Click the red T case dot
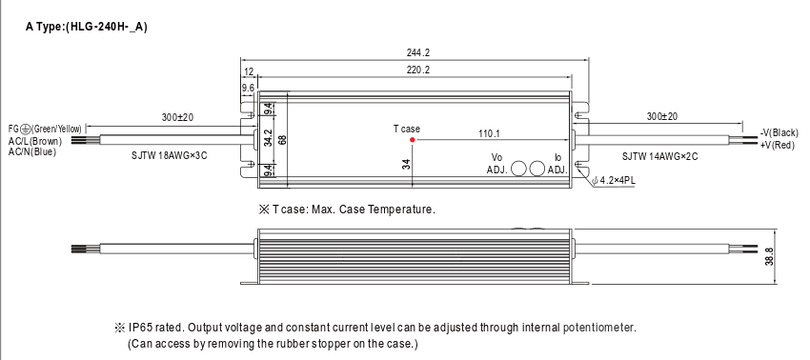click(x=413, y=139)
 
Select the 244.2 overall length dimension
click(x=418, y=52)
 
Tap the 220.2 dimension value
click(x=418, y=70)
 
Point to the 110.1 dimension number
click(x=489, y=133)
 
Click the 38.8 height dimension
click(x=769, y=257)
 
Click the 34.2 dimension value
click(x=268, y=138)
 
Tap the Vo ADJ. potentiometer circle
click(x=518, y=169)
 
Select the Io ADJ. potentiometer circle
click(x=537, y=169)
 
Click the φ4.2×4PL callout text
click(x=614, y=181)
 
